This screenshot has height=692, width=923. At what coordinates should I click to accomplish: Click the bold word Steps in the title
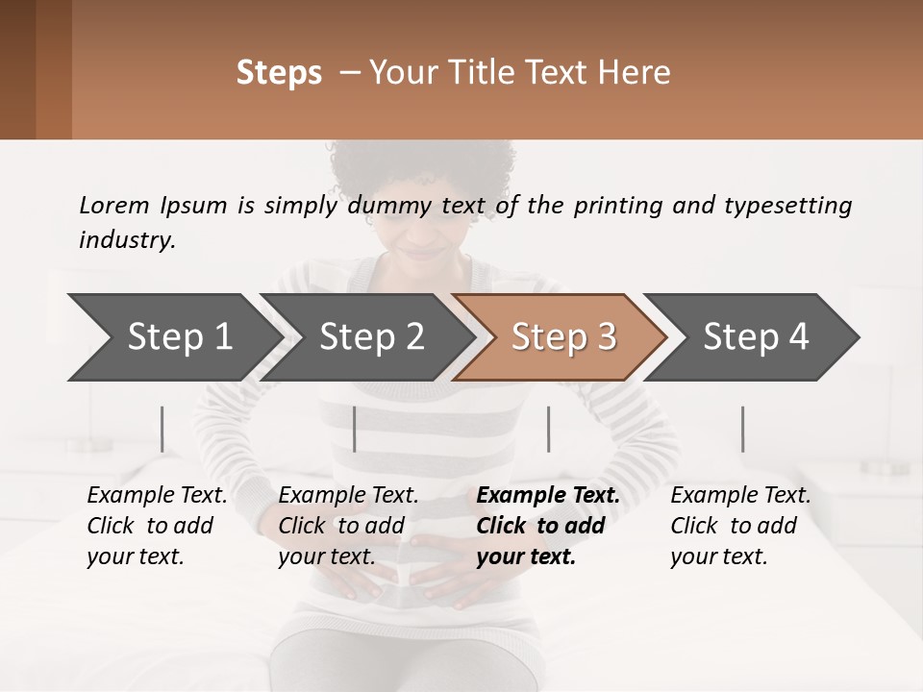tap(279, 73)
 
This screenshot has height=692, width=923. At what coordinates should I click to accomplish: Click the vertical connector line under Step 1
tap(162, 429)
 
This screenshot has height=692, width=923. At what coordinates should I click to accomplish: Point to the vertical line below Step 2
tap(355, 429)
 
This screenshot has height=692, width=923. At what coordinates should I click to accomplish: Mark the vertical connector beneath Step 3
tap(548, 429)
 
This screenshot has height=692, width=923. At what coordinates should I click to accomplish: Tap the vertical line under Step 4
tap(742, 429)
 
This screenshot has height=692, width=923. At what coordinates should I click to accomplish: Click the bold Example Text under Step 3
tap(548, 496)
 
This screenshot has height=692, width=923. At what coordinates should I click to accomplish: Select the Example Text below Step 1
tap(157, 496)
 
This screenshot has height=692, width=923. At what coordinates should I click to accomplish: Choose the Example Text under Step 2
tap(348, 496)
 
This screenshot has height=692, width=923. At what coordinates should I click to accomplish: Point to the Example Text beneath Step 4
tap(740, 496)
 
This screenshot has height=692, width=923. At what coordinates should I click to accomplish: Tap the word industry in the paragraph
tap(126, 239)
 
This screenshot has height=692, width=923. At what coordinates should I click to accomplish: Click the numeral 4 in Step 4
tap(797, 336)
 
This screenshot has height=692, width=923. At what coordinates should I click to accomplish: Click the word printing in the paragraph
tap(616, 206)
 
